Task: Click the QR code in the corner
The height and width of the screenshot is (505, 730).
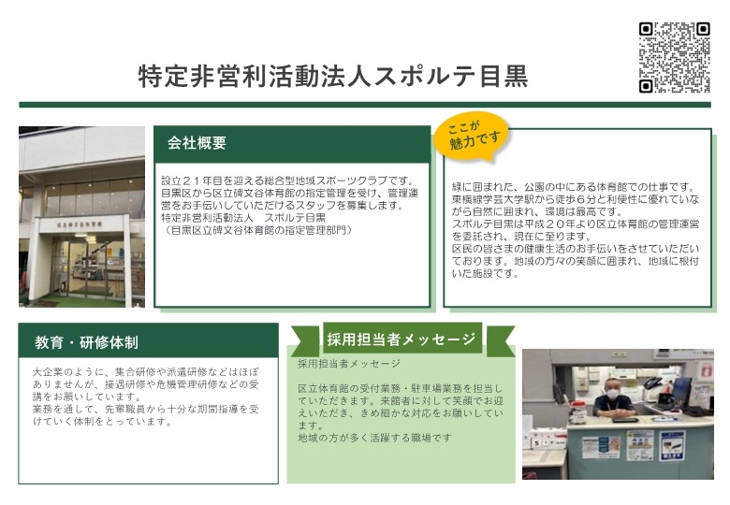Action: (x=674, y=58)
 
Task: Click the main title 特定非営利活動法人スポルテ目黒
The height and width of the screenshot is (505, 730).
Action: (x=333, y=77)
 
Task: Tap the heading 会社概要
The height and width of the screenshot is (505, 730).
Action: (x=197, y=143)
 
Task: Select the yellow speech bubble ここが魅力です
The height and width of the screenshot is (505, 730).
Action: (x=472, y=136)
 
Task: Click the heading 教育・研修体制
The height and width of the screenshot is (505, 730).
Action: (x=87, y=342)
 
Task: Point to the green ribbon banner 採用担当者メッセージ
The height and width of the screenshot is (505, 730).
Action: (x=401, y=339)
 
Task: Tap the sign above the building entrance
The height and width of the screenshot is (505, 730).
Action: (x=80, y=224)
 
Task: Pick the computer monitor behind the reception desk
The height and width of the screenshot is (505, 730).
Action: (x=679, y=391)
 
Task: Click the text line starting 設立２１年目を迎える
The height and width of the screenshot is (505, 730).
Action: (x=287, y=180)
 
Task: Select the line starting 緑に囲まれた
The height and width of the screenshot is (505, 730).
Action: (x=574, y=187)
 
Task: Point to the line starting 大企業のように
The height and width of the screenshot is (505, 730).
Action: (x=146, y=372)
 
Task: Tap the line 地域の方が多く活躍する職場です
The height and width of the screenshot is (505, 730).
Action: (x=374, y=438)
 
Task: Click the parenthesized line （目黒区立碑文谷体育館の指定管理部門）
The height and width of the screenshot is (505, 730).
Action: (x=256, y=230)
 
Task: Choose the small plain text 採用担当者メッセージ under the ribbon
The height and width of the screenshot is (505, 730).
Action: (x=349, y=364)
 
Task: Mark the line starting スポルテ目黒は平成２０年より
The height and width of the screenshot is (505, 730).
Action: (x=576, y=224)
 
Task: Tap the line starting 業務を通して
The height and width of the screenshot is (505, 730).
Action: (x=146, y=410)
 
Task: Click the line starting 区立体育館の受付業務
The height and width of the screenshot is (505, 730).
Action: (x=401, y=388)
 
